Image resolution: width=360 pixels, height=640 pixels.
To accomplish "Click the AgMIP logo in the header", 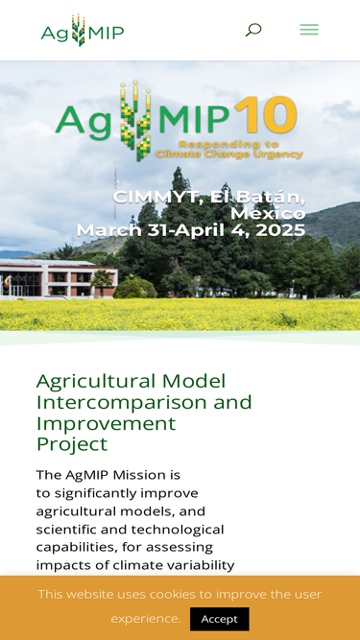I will (x=83, y=31).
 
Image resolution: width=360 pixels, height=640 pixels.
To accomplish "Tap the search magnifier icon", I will (x=252, y=30).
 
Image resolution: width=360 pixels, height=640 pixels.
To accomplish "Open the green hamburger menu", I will (x=308, y=30).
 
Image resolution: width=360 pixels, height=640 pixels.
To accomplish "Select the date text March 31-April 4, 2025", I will (x=191, y=230).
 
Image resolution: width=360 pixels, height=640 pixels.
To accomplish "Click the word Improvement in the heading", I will (x=93, y=423).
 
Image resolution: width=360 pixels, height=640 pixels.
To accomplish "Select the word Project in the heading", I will (x=72, y=444).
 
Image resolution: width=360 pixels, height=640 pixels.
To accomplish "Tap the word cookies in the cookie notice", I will (x=180, y=594).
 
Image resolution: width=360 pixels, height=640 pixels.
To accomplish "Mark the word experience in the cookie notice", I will (x=145, y=619).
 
